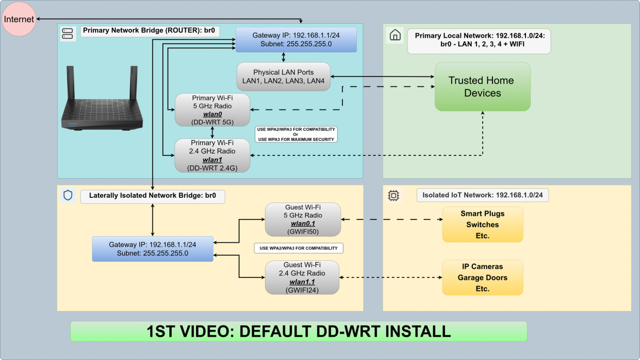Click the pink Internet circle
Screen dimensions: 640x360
(19, 19)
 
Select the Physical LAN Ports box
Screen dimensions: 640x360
(283, 76)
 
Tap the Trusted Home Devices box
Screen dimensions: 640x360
(483, 87)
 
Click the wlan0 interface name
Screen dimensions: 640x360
(212, 114)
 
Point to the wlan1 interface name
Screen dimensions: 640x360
(212, 160)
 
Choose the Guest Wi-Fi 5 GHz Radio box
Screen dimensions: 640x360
(303, 220)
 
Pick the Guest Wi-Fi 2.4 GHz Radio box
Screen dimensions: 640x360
(302, 277)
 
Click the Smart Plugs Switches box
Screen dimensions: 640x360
(483, 225)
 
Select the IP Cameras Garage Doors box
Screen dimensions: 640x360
(483, 277)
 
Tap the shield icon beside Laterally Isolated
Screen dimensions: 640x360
(68, 195)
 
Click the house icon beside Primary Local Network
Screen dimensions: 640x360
(395, 35)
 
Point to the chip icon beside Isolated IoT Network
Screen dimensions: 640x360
(393, 196)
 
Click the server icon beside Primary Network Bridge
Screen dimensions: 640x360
(68, 34)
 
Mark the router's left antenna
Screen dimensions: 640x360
(71, 83)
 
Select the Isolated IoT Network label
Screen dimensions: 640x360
(483, 195)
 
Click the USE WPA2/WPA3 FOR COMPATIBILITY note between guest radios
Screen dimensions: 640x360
(298, 248)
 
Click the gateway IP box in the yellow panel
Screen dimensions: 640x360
(153, 249)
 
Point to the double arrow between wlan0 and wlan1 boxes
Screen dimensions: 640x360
(212, 132)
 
